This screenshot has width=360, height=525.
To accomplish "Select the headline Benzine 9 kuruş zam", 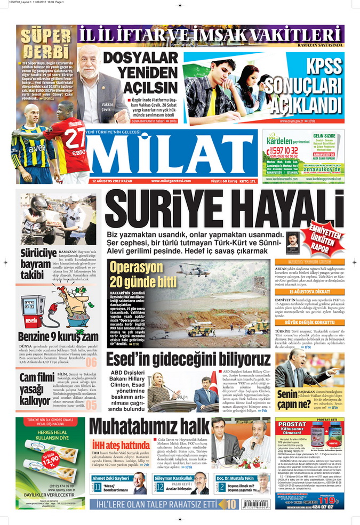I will click(58, 337).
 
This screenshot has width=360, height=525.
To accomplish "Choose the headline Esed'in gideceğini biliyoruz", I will click(188, 359).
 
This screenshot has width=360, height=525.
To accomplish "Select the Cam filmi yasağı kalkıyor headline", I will click(37, 389).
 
